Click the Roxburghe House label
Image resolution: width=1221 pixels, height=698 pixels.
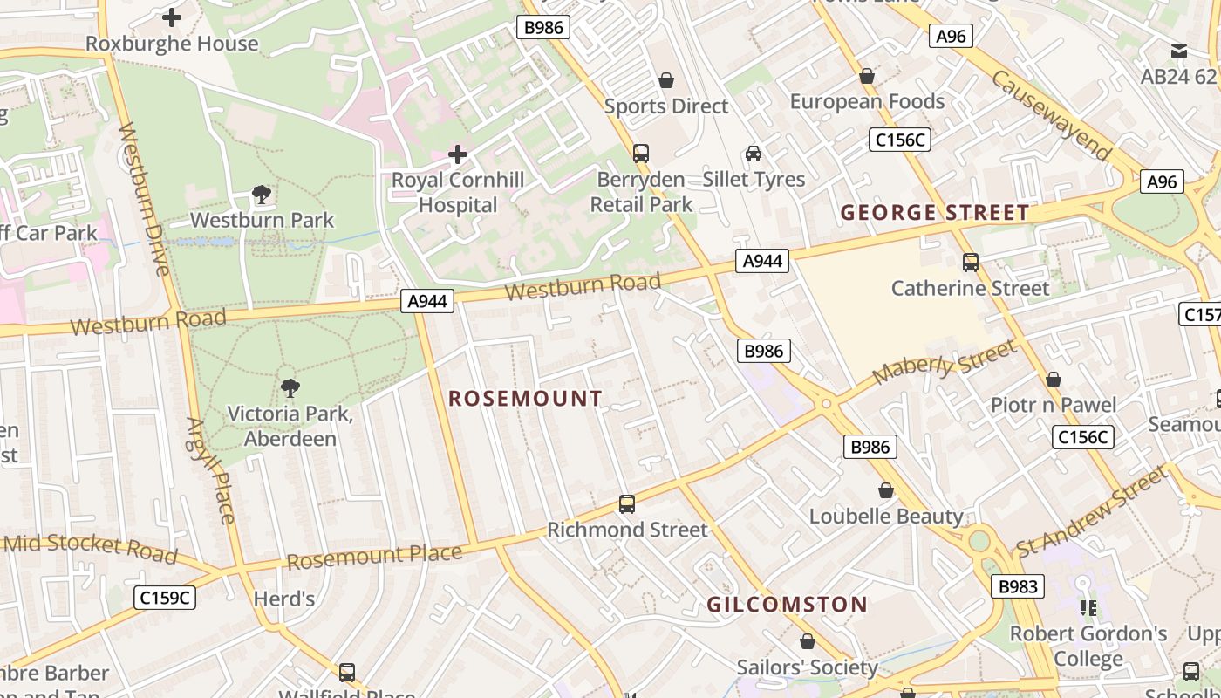pos(172,44)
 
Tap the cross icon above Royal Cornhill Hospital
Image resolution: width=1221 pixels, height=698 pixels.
pos(458,155)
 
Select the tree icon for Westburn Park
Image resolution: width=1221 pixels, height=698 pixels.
pos(261,195)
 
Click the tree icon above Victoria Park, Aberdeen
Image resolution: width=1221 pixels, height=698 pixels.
pos(290,388)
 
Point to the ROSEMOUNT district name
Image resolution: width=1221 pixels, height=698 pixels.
pos(525,399)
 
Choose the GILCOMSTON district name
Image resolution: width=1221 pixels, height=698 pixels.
pos(787,605)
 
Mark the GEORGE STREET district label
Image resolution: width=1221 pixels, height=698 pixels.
pos(935,213)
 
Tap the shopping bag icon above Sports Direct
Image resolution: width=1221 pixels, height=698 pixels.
pos(666,81)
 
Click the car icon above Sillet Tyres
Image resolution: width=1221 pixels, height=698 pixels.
pos(754,154)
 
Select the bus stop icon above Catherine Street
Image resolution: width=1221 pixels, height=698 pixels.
pos(970,263)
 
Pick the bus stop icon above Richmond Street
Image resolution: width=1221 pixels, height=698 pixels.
pos(627,504)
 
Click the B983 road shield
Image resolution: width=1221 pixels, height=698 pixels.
pos(1018,586)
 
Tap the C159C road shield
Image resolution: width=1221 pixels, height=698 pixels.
pos(165,598)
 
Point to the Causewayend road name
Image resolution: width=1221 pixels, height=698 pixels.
pos(1052,115)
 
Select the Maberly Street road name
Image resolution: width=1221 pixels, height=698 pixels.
pos(945,361)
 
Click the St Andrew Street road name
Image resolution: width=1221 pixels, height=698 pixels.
pos(1091,511)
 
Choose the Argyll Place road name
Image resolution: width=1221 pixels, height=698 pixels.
pos(211,470)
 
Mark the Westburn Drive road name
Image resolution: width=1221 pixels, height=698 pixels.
pos(144,200)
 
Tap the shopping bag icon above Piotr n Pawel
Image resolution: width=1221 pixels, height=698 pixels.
pos(1054,380)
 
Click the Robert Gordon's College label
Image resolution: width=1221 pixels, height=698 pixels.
pos(1088,646)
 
